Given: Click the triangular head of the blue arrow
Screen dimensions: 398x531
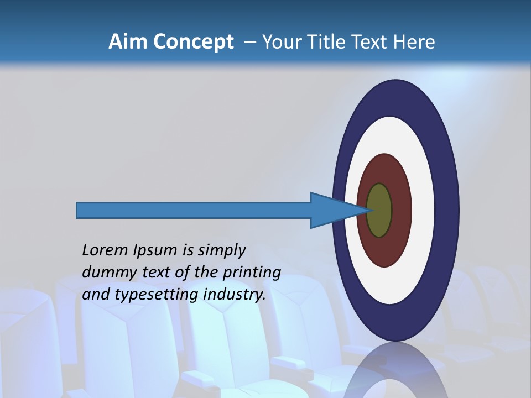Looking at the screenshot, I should click(332, 211).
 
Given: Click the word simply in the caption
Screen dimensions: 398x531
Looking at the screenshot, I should click(221, 251).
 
